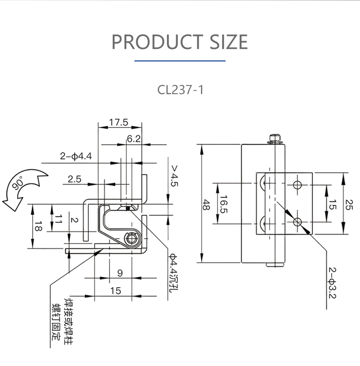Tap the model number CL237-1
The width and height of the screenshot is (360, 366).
point(180,90)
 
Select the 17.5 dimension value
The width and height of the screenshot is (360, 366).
point(118,122)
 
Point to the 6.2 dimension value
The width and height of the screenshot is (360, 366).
point(134,139)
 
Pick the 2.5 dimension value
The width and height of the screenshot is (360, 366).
point(74,179)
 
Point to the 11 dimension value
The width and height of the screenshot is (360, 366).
point(58,220)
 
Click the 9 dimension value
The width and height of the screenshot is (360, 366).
point(120,273)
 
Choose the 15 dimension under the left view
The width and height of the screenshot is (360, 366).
point(116,291)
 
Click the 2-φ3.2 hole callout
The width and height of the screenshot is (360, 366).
point(333,281)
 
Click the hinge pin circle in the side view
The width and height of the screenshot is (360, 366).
point(131,238)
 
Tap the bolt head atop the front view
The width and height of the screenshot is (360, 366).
point(275,138)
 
